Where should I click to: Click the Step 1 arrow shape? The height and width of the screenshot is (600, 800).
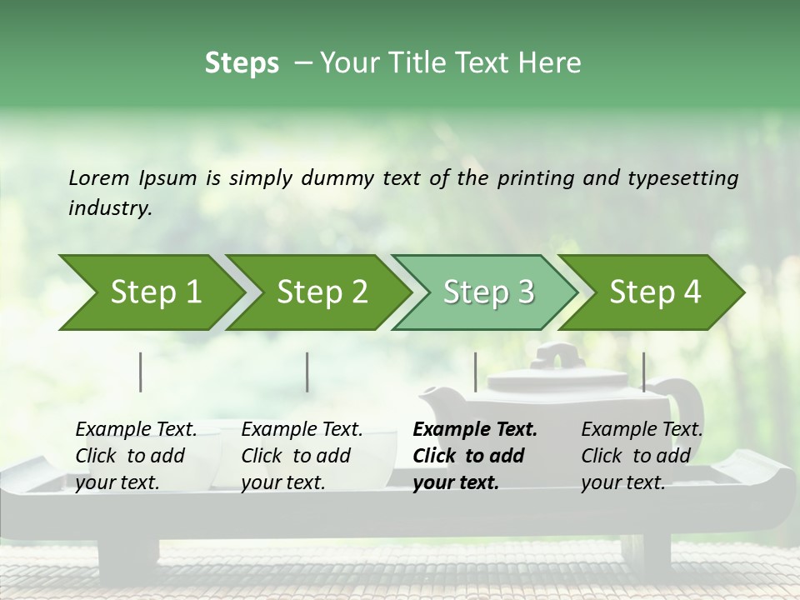click(x=150, y=292)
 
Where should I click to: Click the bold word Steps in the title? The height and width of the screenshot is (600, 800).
click(x=242, y=63)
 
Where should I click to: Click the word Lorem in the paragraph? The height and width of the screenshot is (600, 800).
click(x=98, y=177)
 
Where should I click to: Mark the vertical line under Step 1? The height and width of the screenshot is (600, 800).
click(x=141, y=372)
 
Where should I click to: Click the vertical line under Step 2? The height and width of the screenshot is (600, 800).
click(x=307, y=372)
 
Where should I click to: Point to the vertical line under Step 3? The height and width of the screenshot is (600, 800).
click(x=475, y=372)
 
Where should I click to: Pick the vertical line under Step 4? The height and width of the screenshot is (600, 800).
click(x=643, y=372)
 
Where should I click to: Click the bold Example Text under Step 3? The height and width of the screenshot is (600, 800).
click(x=475, y=430)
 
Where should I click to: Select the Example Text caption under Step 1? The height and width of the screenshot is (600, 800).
click(x=136, y=430)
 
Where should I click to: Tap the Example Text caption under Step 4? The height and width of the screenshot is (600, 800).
click(x=642, y=430)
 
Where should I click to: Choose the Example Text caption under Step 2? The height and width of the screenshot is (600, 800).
click(x=302, y=430)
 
